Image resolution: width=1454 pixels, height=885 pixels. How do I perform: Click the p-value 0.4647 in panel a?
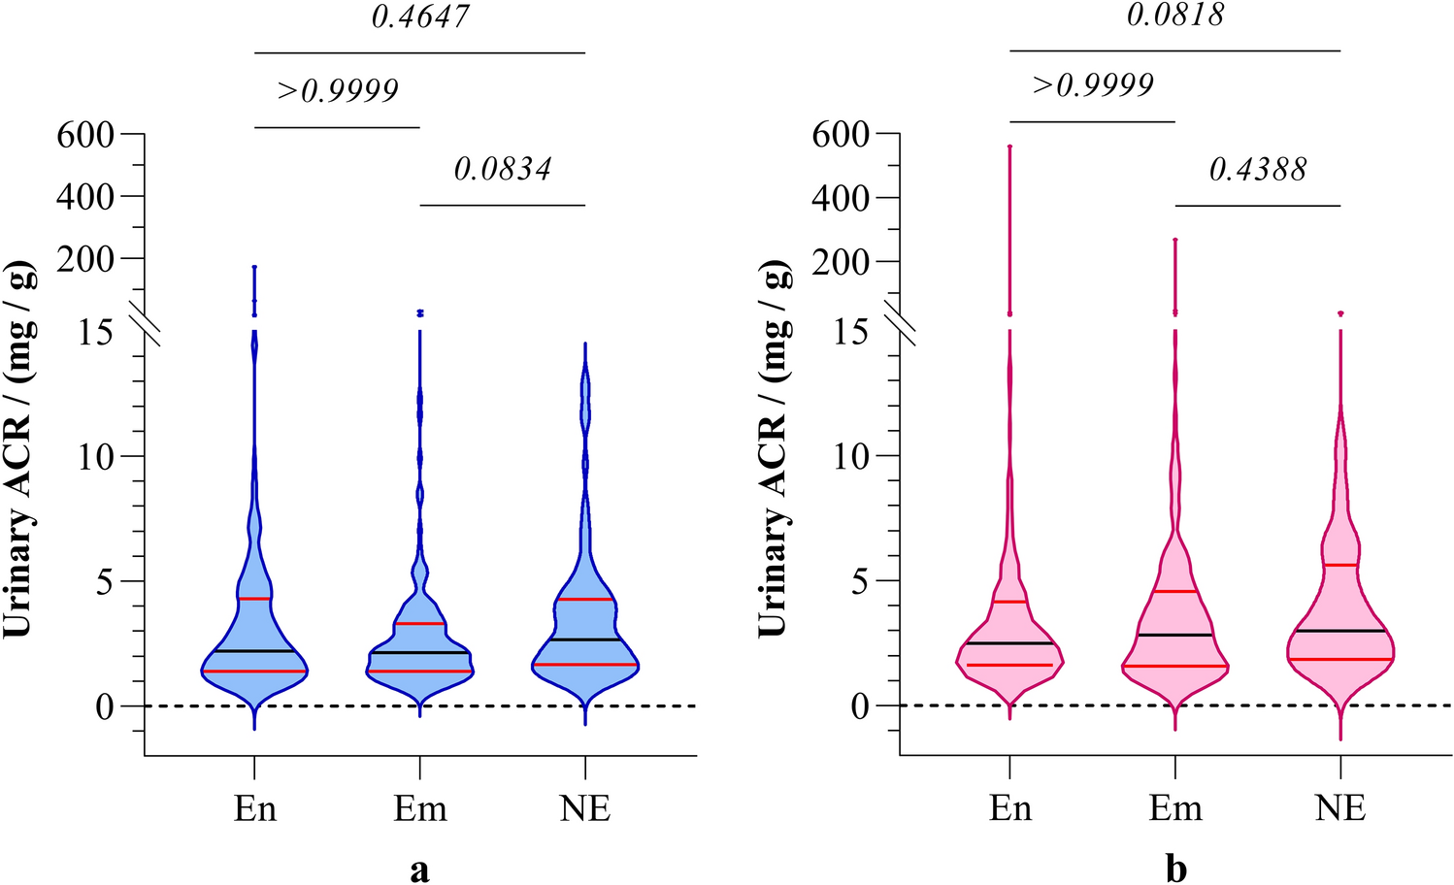420,16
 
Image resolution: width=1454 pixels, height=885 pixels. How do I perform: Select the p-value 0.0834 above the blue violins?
502,169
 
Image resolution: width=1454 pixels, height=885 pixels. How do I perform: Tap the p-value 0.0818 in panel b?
1175,15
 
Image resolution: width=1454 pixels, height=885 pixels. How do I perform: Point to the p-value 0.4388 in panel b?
1257,169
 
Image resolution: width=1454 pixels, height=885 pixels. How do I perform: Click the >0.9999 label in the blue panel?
338,90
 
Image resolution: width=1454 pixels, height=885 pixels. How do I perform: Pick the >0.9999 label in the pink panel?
1093,85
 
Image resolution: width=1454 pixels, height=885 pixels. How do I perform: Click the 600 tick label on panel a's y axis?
85,134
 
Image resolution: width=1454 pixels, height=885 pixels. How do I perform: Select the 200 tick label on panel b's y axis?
841,261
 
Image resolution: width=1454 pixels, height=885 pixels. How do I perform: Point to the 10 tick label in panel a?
97,456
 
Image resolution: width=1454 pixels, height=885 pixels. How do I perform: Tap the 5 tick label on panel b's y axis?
860,581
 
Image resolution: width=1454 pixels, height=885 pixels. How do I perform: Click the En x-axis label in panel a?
254,808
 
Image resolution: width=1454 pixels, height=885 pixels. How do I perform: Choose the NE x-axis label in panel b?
1340,808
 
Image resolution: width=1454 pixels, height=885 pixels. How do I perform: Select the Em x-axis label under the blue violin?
420,808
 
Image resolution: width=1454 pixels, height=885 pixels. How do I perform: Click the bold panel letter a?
419,869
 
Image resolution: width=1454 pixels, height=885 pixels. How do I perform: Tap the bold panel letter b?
1175,869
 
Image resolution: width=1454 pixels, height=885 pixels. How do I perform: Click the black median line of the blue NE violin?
585,639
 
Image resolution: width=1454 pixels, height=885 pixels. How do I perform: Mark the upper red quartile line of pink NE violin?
1340,565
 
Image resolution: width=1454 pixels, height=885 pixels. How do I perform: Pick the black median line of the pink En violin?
1009,643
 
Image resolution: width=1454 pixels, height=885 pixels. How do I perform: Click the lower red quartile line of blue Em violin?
420,671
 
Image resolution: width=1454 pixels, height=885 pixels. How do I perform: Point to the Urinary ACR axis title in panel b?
773,448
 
